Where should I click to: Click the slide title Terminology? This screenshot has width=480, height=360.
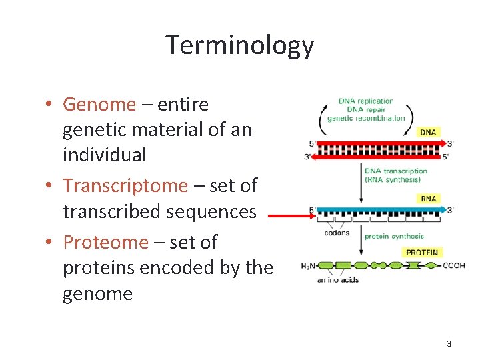[x=239, y=45]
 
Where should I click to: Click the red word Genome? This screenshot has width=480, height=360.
[x=99, y=105]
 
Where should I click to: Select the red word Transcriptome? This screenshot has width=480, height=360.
[x=125, y=186]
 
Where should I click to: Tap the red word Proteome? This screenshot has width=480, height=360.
[x=105, y=242]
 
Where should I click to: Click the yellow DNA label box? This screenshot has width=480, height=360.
[x=428, y=132]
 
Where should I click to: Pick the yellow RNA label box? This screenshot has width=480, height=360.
[x=428, y=198]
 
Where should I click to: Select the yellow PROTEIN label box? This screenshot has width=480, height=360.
[x=422, y=253]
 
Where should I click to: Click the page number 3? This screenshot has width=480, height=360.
[x=449, y=344]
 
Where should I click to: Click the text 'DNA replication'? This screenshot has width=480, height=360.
[x=365, y=101]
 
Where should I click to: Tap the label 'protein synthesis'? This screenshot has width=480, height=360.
[x=393, y=236]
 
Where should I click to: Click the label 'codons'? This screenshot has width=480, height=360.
[x=337, y=233]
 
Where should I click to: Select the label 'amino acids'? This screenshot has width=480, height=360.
[x=337, y=280]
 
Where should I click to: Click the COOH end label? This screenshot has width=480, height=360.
[x=453, y=265]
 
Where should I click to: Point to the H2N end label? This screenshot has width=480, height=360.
[x=308, y=266]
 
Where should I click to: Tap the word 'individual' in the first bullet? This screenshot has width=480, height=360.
[x=104, y=155]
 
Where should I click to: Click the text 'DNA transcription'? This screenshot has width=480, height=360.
[x=396, y=171]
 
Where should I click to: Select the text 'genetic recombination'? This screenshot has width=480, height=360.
[x=365, y=118]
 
